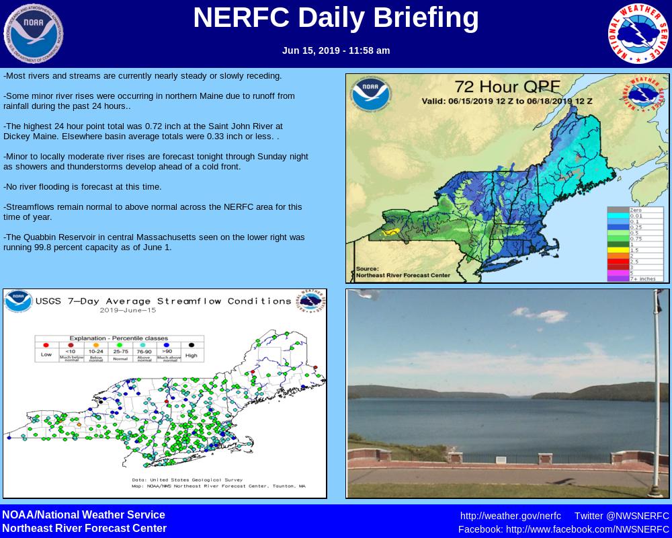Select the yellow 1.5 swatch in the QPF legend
point(618,249)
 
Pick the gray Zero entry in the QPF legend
point(618,210)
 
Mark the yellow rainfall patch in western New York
point(391,231)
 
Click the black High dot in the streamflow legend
point(192,346)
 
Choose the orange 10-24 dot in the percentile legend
point(95,346)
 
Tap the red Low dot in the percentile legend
point(46,346)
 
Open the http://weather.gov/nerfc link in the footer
point(510,516)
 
